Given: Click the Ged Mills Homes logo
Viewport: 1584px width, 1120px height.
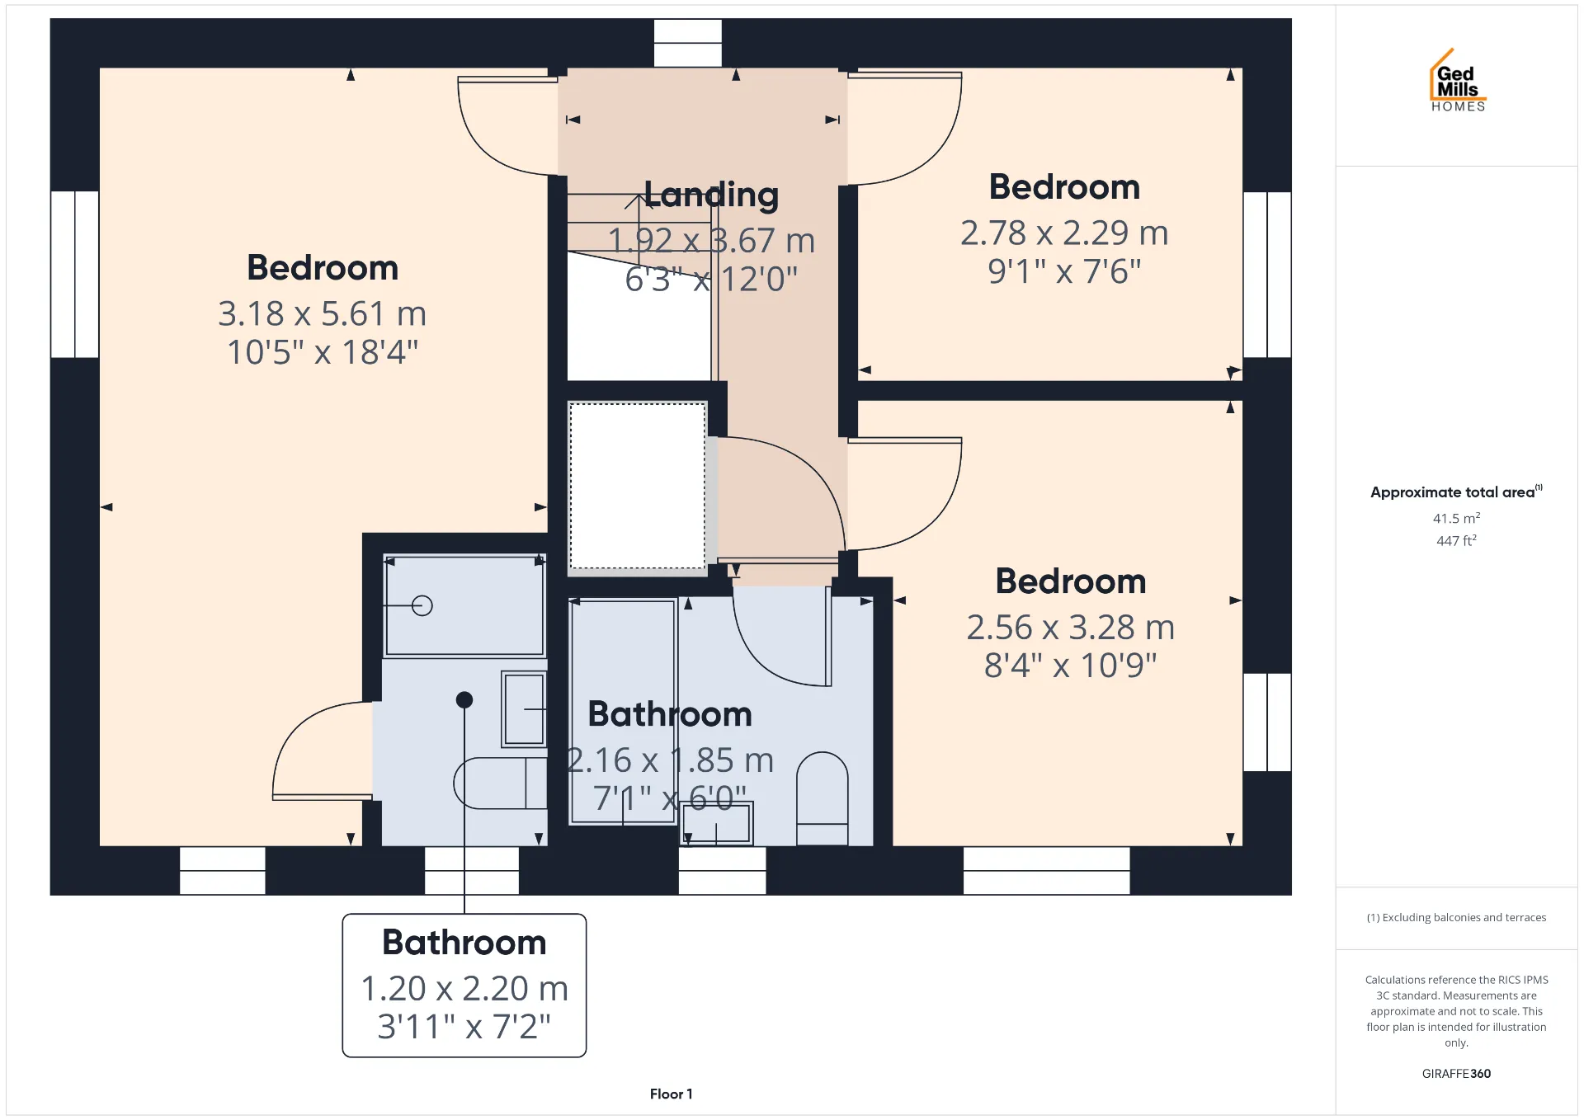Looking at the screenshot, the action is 1458,81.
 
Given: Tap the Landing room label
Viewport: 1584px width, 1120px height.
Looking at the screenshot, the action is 711,195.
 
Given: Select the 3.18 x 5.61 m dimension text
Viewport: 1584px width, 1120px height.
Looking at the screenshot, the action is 323,313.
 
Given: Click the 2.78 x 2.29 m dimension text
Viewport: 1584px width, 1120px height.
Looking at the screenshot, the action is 1064,233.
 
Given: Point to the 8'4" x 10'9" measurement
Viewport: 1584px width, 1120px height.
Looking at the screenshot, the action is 1070,665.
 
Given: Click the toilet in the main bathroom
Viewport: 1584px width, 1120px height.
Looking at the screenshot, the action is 822,798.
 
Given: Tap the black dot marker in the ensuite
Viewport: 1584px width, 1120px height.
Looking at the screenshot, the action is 464,699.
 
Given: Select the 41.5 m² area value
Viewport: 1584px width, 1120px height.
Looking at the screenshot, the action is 1456,518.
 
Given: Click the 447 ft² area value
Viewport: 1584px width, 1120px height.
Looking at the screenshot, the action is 1456,540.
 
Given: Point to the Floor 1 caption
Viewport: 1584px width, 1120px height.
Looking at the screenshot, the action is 671,1094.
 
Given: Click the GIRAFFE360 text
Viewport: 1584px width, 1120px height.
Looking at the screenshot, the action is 1456,1073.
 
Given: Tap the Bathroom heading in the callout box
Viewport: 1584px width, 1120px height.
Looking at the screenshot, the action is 464,942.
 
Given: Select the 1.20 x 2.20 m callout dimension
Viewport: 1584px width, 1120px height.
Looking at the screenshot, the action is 464,988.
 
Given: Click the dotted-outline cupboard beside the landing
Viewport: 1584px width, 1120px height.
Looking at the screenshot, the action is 637,486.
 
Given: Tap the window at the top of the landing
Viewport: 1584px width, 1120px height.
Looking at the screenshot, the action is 687,43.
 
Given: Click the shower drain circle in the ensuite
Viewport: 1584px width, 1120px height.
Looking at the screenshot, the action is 422,606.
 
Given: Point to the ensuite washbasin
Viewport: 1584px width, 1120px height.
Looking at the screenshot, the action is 524,709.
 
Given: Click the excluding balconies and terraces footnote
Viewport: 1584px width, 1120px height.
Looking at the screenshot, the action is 1456,917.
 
